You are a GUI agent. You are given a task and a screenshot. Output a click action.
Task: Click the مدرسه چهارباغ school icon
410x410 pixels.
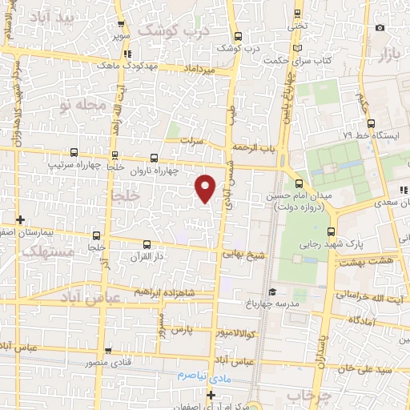tap(271, 291)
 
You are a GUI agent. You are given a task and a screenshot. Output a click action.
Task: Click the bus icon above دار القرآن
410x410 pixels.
tap(146, 244)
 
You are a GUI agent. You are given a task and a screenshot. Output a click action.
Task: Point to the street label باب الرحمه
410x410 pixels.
tap(254, 148)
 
